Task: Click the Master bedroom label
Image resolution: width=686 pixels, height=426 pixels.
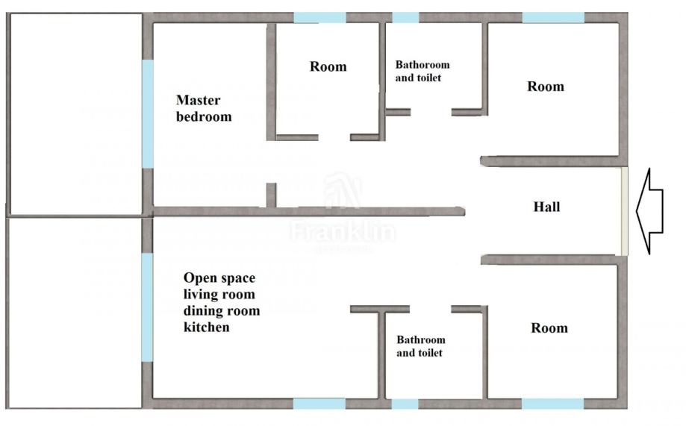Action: point(204,107)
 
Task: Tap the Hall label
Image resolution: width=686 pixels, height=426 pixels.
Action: point(546,207)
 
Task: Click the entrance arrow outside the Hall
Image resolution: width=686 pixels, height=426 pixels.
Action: point(649,211)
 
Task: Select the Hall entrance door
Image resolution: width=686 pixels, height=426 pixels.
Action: point(623,211)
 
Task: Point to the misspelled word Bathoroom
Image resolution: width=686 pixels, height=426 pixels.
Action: point(422,65)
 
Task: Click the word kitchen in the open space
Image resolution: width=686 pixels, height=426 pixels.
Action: point(207,327)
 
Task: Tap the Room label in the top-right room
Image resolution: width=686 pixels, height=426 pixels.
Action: point(546,87)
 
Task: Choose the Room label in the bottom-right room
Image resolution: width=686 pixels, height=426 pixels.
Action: point(549,328)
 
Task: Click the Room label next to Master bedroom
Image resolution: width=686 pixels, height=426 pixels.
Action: point(328,66)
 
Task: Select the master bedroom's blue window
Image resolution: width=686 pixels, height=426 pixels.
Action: point(148,113)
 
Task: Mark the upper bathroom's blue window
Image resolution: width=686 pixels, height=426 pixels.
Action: point(405,17)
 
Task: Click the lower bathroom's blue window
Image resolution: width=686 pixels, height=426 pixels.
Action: point(405,404)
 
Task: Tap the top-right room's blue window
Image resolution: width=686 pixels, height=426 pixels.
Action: point(553,17)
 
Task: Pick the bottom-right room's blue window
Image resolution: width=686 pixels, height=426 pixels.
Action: point(552,404)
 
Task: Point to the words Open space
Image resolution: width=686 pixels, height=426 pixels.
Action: point(219,278)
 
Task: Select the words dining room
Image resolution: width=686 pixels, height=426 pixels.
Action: point(222,310)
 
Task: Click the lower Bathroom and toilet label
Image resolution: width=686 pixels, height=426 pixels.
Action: point(420,346)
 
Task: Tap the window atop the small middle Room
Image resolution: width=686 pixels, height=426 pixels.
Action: point(319,17)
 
